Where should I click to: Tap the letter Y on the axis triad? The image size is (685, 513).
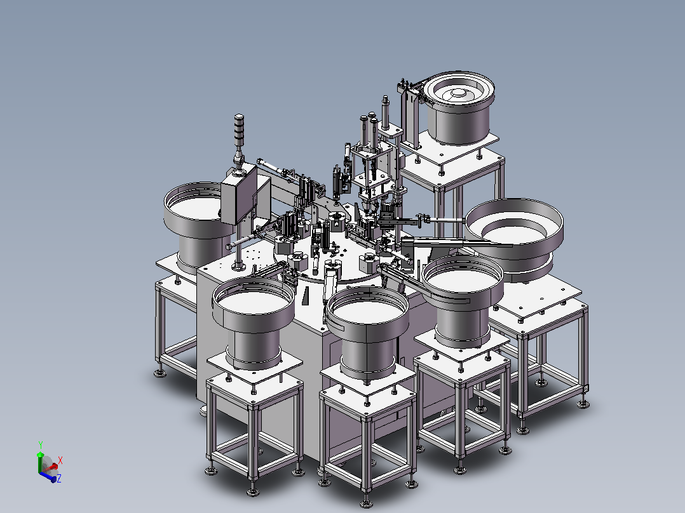[41, 445]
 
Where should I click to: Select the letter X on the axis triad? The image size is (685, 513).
[60, 460]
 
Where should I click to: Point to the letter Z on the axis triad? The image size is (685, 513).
[59, 478]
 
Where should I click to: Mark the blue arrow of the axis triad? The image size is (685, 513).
[48, 477]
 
